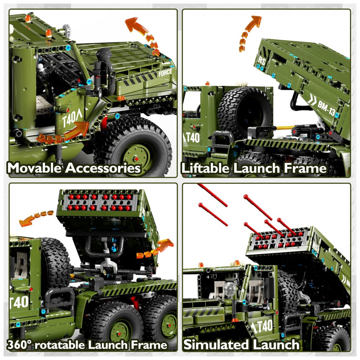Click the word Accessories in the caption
[x=103, y=168]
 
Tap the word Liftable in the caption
[x=206, y=168]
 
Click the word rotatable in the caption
[x=60, y=345]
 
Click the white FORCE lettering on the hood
[x=165, y=73]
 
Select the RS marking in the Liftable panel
[x=262, y=61]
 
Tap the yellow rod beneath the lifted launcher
[x=284, y=128]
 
